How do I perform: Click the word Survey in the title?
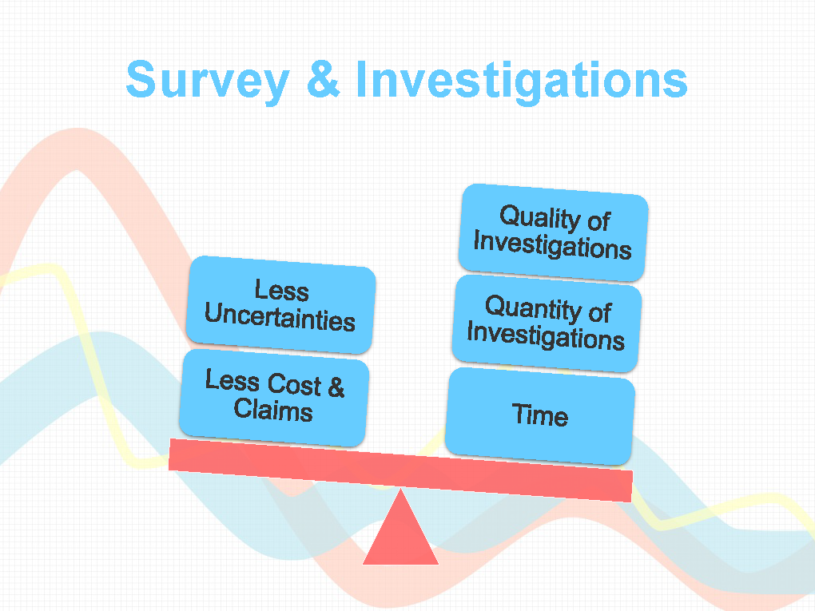[x=208, y=81]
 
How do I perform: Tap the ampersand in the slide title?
[x=324, y=78]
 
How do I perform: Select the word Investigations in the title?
[x=522, y=81]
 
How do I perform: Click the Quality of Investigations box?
[x=553, y=232]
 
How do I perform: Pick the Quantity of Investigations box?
[x=547, y=323]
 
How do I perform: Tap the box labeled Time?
[x=540, y=415]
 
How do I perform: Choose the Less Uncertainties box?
[x=280, y=304]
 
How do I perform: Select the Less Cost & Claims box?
[x=274, y=397]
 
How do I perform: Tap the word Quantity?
[x=531, y=307]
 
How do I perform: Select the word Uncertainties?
[x=280, y=316]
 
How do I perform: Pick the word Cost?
[x=295, y=383]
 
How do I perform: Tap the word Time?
[x=540, y=415]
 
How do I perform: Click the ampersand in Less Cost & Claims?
[x=336, y=387]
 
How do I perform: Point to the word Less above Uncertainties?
[x=282, y=290]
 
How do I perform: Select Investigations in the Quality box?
[x=552, y=245]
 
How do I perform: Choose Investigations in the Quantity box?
[x=546, y=336]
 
